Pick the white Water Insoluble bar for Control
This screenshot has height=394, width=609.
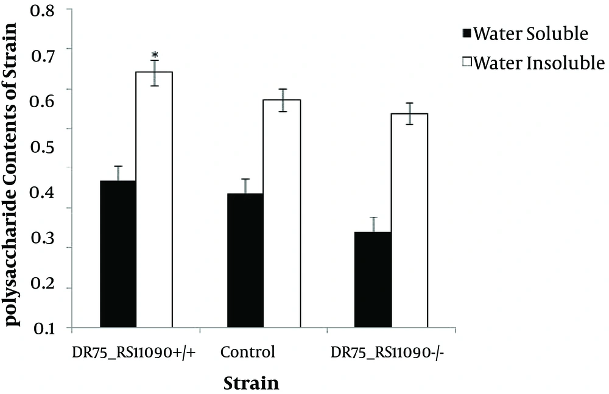[x=282, y=213]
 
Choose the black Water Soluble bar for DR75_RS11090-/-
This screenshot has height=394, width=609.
[x=373, y=280]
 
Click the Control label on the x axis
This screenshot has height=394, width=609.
[x=248, y=352]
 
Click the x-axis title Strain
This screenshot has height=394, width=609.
[x=252, y=383]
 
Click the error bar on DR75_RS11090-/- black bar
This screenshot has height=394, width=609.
[x=373, y=225]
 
